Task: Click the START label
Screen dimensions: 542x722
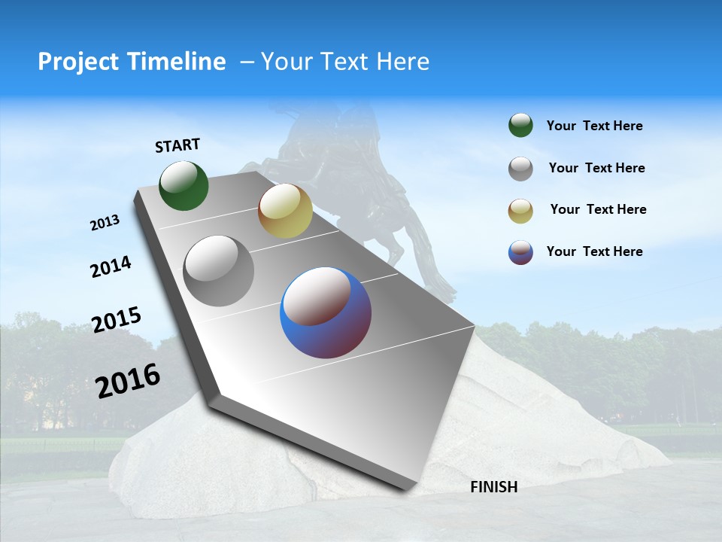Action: [177, 145]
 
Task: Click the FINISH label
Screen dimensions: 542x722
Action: [493, 487]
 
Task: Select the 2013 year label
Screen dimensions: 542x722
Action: [105, 223]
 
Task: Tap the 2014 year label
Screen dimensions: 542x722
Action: [111, 267]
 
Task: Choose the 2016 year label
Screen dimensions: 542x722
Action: [128, 380]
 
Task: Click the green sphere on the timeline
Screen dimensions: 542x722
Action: [184, 186]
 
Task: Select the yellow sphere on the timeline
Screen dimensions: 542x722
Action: [285, 211]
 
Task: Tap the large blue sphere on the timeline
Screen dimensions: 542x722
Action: [326, 312]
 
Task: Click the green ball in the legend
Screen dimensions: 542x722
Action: [520, 126]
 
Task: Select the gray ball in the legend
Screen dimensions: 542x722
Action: [520, 169]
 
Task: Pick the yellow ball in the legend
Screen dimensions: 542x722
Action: [520, 211]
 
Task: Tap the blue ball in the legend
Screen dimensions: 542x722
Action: [520, 252]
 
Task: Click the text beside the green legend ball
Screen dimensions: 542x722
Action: [594, 126]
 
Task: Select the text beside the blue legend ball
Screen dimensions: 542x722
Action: [594, 251]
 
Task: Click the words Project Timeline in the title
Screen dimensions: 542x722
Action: [132, 62]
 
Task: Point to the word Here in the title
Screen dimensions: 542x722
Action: [403, 62]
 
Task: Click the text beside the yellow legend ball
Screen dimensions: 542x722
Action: [598, 209]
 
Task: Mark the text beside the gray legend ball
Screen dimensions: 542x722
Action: [596, 168]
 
